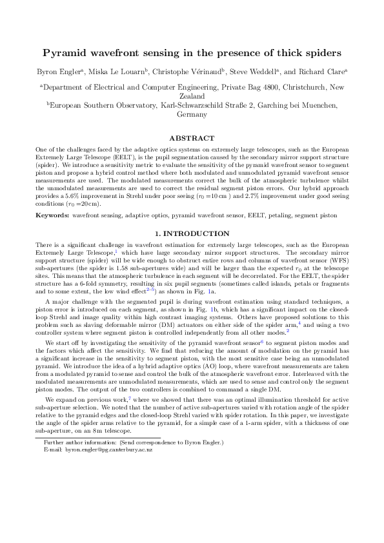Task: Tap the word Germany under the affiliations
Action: (192, 114)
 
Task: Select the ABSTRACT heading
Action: (192, 139)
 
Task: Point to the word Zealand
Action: (192, 94)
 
